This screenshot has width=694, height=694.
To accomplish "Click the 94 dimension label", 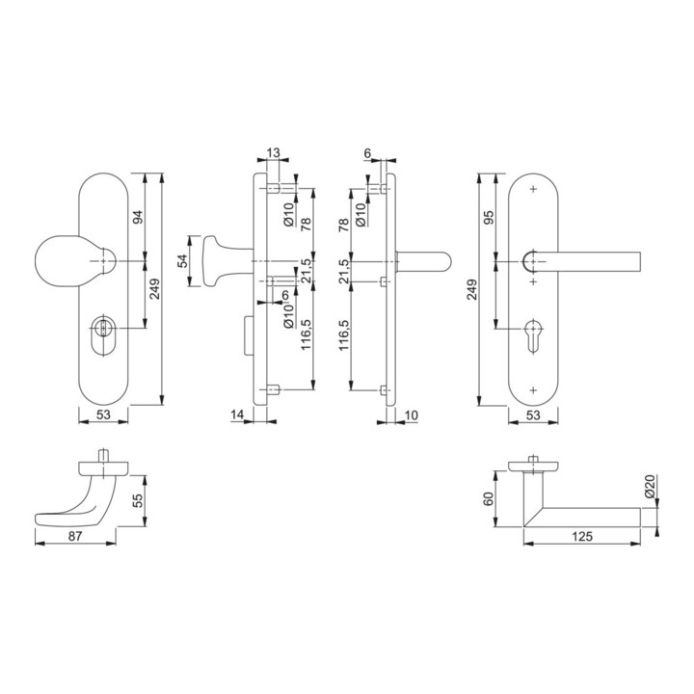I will point(137,218).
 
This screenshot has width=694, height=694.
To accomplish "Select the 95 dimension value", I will point(487,218).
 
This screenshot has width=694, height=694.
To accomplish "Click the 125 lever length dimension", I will point(580,534).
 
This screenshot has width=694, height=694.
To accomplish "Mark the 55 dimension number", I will point(138,500).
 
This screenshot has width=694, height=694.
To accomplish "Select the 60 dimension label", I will point(487,499).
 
